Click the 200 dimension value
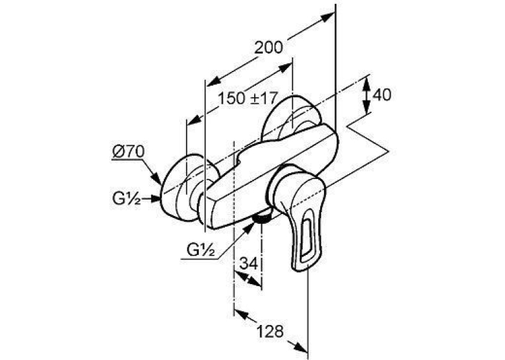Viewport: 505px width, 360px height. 268,48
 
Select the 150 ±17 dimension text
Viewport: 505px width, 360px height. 248,98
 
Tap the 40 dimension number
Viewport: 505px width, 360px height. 382,94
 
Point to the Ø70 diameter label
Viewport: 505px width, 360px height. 129,152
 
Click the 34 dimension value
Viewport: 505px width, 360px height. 249,264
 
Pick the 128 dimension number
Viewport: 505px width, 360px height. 270,331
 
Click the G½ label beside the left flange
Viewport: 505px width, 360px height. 126,199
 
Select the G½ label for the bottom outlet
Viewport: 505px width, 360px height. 201,250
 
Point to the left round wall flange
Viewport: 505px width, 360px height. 180,188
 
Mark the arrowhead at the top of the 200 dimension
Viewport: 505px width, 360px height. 327,17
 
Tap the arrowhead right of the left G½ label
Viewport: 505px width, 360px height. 155,199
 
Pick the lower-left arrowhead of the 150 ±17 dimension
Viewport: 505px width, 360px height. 193,121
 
